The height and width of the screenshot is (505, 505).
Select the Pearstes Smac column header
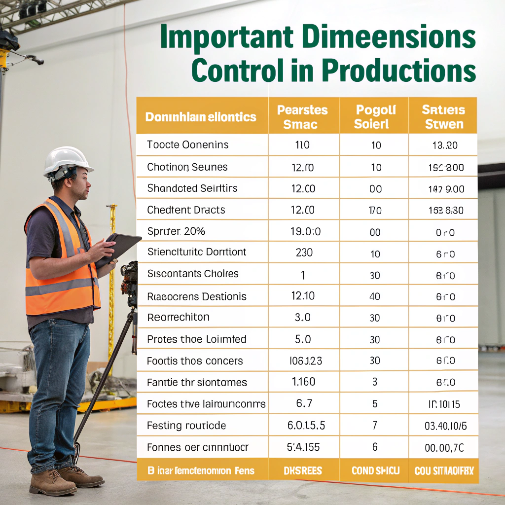[302, 117]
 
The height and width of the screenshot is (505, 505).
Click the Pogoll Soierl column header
[374, 117]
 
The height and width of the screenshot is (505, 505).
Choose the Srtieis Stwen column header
[443, 117]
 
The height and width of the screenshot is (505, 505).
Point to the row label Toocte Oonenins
[187, 145]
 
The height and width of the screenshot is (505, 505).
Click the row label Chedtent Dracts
[186, 210]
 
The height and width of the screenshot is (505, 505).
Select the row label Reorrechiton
[178, 318]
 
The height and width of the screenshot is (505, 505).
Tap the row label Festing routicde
[186, 426]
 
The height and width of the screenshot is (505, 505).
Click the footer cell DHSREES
[303, 471]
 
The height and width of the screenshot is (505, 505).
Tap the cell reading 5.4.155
[303, 448]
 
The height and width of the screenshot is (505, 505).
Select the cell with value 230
[304, 252]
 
